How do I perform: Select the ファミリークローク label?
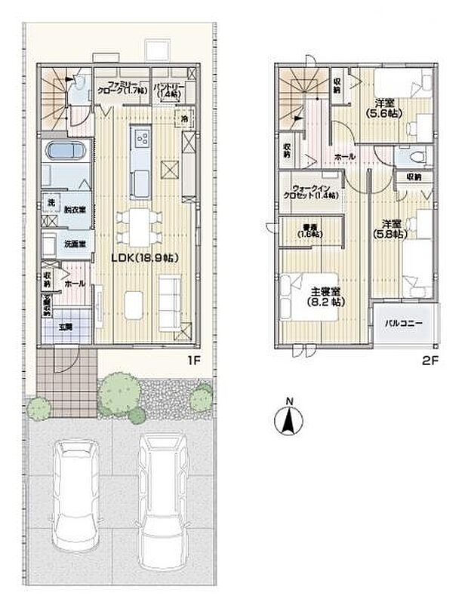(x=121, y=87)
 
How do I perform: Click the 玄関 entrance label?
(x=66, y=327)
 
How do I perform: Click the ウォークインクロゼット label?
(x=309, y=192)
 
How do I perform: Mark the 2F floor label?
(x=430, y=360)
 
